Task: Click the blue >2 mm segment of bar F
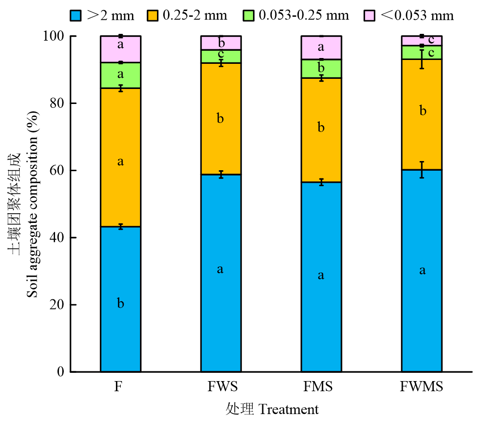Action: pos(120,271)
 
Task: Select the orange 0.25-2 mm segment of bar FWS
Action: pos(221,140)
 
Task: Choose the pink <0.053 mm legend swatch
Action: pos(370,15)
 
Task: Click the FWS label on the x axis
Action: pos(221,387)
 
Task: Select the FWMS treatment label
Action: pos(422,387)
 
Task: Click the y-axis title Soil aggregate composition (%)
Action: pos(32,203)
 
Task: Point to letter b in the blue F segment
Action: pos(121,304)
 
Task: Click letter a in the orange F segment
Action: pos(121,162)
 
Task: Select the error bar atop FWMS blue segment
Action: pos(422,169)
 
